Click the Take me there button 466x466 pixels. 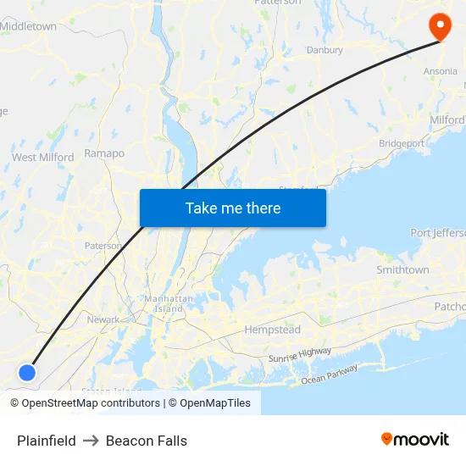coord(233,208)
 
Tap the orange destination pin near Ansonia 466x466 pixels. coord(440,25)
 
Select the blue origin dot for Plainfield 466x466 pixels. coord(27,372)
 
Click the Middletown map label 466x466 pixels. coord(29,26)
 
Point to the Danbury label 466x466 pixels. coord(325,50)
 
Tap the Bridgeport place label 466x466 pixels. coord(402,144)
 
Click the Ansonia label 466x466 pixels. coord(440,72)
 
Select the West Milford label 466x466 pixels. coord(42,157)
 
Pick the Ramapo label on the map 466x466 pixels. coord(104,153)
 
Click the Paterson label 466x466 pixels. coord(103,246)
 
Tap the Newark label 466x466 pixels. coord(103,319)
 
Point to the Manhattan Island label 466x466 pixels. coord(169,304)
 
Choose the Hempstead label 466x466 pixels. coord(273,329)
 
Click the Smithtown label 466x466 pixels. coord(402,269)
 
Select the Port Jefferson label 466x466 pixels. coord(437,233)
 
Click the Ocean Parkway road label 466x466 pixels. coord(330,374)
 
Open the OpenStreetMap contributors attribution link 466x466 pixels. coord(85,403)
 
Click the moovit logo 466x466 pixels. coord(414,439)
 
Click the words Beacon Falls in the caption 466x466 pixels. coord(147,441)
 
